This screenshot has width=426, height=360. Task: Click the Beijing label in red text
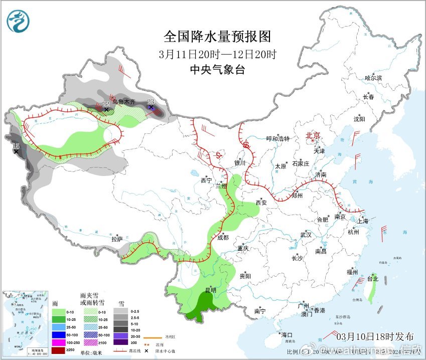316,136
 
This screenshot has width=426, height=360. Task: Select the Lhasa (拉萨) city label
116,239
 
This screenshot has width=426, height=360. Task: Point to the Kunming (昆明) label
210,290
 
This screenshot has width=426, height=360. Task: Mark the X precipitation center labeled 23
151,106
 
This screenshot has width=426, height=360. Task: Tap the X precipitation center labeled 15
16,150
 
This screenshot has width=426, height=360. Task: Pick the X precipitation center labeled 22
106,109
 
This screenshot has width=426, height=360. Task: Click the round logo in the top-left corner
18,21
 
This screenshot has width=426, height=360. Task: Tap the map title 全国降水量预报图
217,37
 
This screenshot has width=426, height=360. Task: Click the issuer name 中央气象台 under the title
217,70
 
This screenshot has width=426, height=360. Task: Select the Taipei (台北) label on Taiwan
372,279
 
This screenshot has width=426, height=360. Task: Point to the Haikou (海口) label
287,334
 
